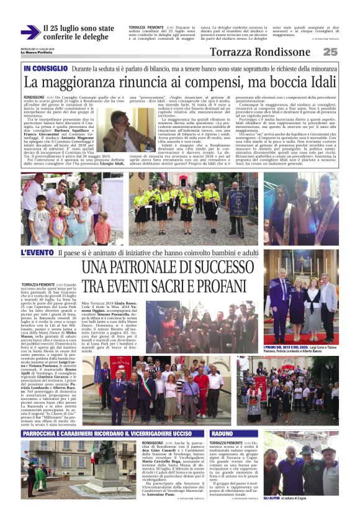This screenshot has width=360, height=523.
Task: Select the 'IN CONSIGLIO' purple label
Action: tap(45, 68)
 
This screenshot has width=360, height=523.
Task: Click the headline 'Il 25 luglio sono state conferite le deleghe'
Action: tap(78, 33)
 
